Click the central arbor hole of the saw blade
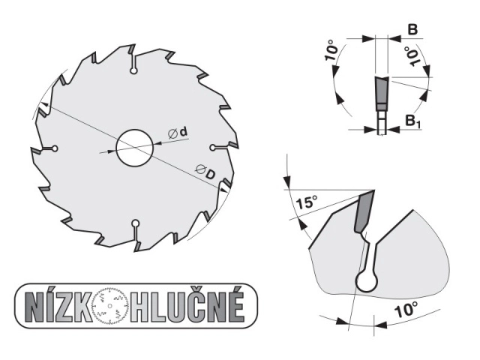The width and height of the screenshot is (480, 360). click(135, 148)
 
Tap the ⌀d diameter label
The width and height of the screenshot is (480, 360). click(178, 133)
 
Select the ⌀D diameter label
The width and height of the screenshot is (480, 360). click(205, 172)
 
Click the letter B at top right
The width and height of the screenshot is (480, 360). click(412, 30)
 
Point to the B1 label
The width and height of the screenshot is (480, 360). click(413, 121)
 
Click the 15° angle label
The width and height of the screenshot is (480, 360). click(307, 202)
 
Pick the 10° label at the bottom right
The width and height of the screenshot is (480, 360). click(406, 310)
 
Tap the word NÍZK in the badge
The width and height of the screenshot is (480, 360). click(58, 306)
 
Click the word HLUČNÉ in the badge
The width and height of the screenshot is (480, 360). click(187, 306)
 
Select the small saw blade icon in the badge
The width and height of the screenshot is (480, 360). click(110, 306)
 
